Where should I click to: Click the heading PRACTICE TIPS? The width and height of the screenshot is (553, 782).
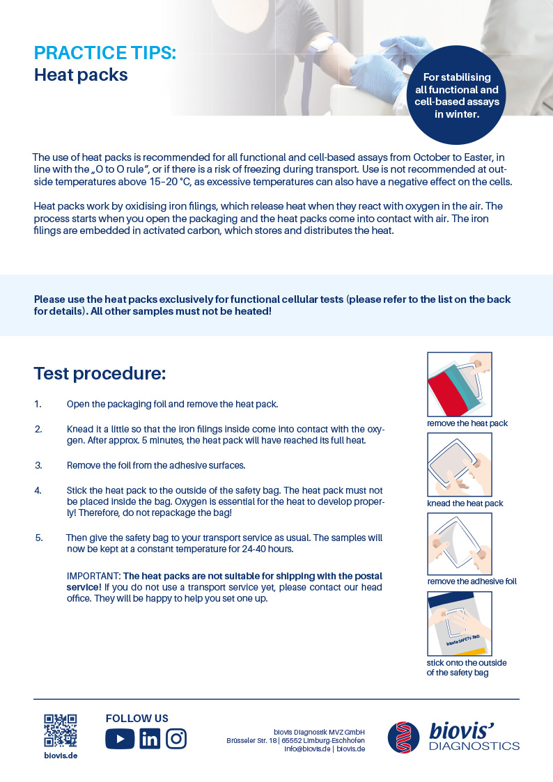[x=105, y=53]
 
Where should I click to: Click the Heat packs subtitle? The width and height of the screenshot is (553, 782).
[x=81, y=75]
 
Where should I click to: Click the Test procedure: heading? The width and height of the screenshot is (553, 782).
[x=100, y=373]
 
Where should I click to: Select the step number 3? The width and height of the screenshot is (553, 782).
[x=38, y=465]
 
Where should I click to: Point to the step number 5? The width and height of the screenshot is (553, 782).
[x=38, y=538]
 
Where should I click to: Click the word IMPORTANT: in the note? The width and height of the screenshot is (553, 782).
[x=93, y=576]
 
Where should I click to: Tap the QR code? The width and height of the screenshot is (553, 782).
[x=60, y=730]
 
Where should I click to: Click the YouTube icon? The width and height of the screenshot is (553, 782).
[x=120, y=738]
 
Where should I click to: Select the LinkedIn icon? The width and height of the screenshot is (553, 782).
[x=149, y=738]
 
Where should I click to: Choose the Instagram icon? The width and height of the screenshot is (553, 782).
[x=176, y=738]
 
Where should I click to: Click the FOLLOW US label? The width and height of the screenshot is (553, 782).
[x=137, y=719]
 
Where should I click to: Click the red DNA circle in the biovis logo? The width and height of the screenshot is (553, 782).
[x=404, y=737]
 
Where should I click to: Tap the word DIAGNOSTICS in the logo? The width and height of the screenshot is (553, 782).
[x=474, y=746]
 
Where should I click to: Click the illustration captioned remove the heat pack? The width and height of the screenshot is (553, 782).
[x=459, y=384]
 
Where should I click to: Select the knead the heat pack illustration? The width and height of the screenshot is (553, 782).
[x=459, y=464]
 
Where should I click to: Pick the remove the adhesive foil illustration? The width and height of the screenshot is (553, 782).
[x=459, y=544]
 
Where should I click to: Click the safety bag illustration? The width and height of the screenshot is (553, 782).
[x=459, y=624]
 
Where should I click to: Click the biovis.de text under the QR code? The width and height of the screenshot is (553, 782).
[x=61, y=756]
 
